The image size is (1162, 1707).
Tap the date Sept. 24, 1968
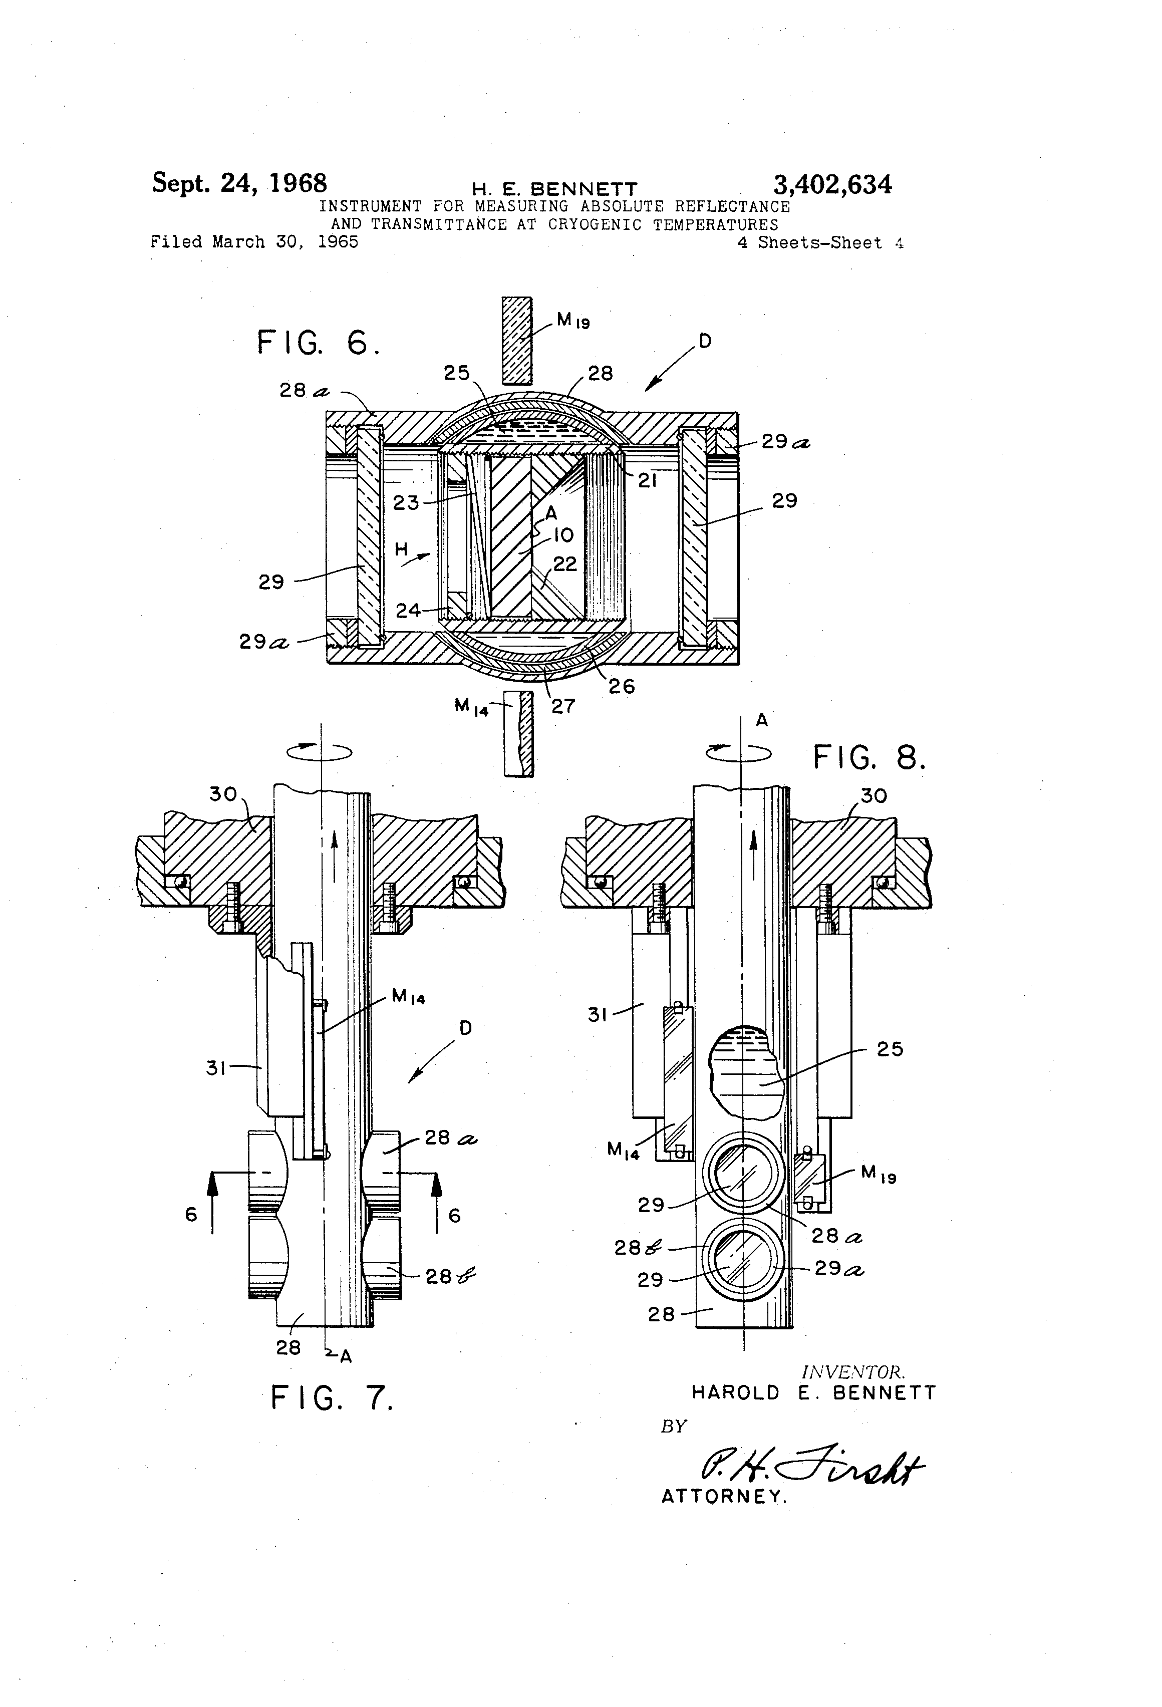(239, 183)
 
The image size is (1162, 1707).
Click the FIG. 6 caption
(319, 343)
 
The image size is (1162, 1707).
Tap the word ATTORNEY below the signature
(724, 1497)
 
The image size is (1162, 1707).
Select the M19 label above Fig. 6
(573, 320)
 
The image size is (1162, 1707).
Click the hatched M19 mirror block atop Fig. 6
(516, 341)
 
